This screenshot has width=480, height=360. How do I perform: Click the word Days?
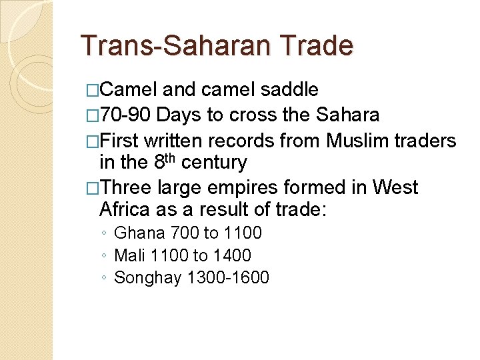click(181, 115)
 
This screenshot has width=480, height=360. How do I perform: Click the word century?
click(213, 162)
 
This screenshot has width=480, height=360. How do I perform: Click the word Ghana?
click(140, 233)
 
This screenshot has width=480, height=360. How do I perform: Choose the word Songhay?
click(148, 277)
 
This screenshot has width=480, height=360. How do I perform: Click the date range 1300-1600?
click(228, 277)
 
